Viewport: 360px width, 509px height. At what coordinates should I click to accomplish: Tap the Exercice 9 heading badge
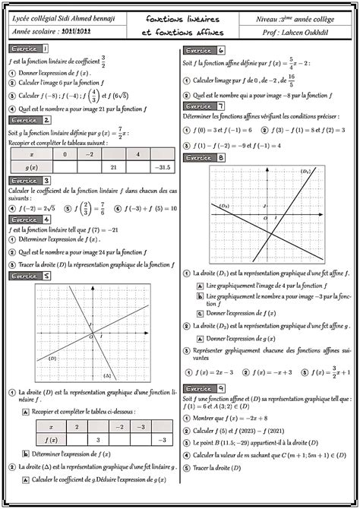[205, 387]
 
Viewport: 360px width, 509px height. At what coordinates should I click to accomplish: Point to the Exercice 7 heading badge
[205, 107]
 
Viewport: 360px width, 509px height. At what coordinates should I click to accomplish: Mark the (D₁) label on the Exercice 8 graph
[306, 172]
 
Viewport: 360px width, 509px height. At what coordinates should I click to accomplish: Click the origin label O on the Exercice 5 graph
[90, 335]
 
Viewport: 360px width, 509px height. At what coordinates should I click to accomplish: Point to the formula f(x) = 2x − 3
[216, 371]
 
